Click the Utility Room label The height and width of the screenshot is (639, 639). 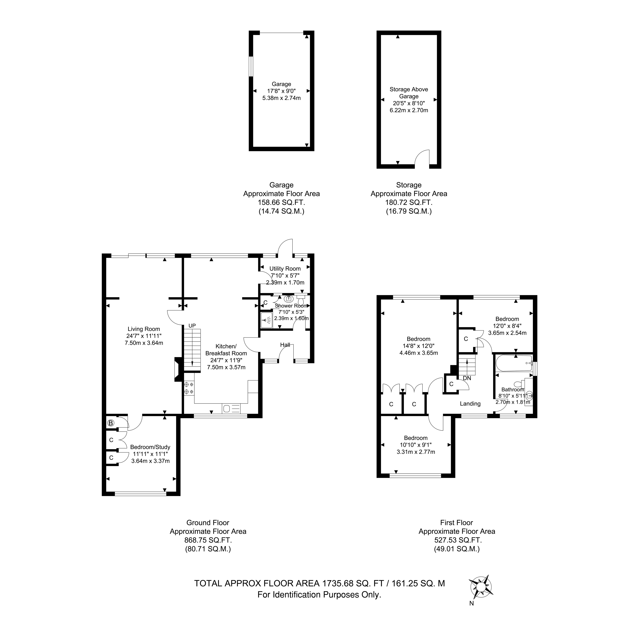click(x=285, y=269)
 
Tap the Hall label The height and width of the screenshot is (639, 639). click(x=285, y=345)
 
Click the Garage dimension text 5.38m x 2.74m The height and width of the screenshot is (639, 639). click(x=281, y=98)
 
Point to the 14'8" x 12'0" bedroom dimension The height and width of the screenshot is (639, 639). click(x=419, y=346)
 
